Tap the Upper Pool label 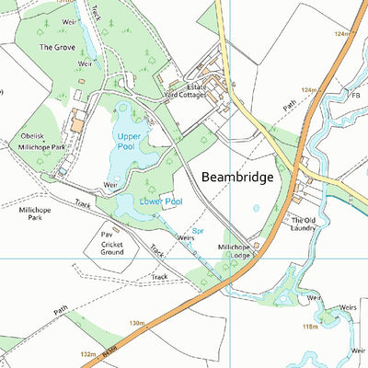(x=130, y=143)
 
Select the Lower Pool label (x=160, y=201)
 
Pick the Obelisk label (x=32, y=135)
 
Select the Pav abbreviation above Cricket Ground (x=106, y=235)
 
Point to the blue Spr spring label (x=197, y=231)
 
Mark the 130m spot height (x=138, y=323)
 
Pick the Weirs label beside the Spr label (x=185, y=237)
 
